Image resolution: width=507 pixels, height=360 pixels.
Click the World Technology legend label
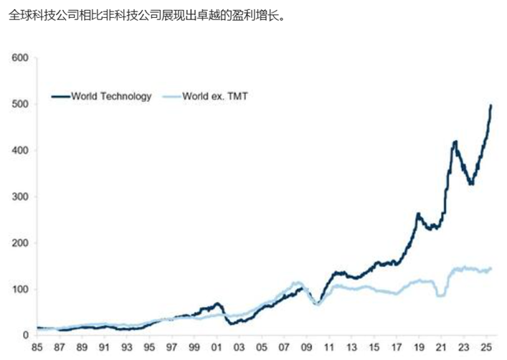[x=111, y=96]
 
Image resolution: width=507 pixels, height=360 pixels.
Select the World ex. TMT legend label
[x=215, y=96]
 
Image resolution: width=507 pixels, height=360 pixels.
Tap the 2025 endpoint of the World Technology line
[x=491, y=106]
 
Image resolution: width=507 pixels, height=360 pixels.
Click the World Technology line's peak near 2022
[x=455, y=142]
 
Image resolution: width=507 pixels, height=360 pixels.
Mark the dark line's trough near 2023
[x=471, y=184]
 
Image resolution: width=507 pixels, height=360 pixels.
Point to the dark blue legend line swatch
[x=59, y=96]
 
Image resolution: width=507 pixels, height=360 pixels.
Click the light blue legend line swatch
[x=171, y=96]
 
